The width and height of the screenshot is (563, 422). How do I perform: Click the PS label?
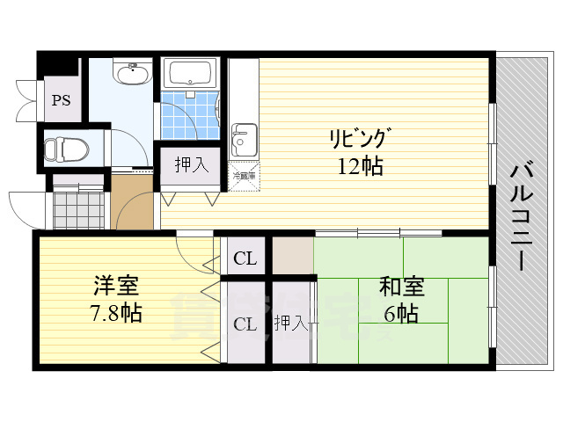(x=60, y=100)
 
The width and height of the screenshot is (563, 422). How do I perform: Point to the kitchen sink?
(x=242, y=139)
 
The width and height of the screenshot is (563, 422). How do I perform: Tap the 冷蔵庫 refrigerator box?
(x=244, y=175)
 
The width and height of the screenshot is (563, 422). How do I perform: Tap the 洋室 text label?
(x=117, y=287)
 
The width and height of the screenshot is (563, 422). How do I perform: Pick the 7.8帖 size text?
(x=117, y=312)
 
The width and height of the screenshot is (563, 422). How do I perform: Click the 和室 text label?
(x=401, y=287)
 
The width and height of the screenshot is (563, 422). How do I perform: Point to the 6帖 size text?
(x=401, y=312)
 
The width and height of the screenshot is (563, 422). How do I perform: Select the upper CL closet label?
(x=245, y=258)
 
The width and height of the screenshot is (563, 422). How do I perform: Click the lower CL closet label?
(x=245, y=324)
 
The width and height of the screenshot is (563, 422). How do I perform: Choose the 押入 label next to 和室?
(x=290, y=324)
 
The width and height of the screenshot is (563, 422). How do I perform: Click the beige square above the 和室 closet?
(x=292, y=256)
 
